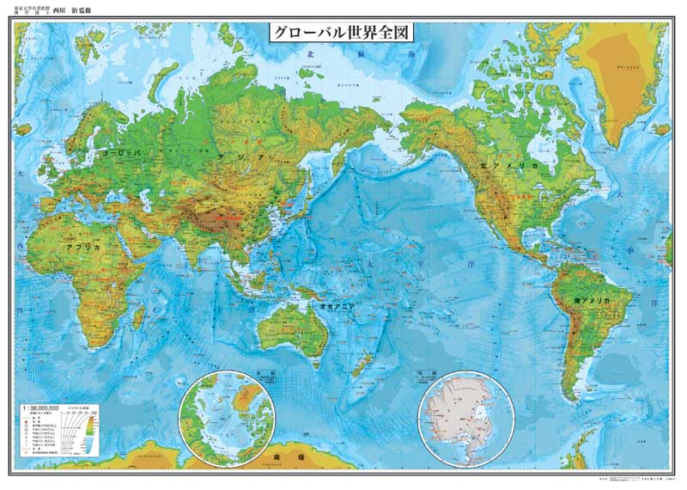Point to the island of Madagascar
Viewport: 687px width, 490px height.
tap(137, 315)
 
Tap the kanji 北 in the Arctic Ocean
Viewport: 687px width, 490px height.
tap(309, 53)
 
